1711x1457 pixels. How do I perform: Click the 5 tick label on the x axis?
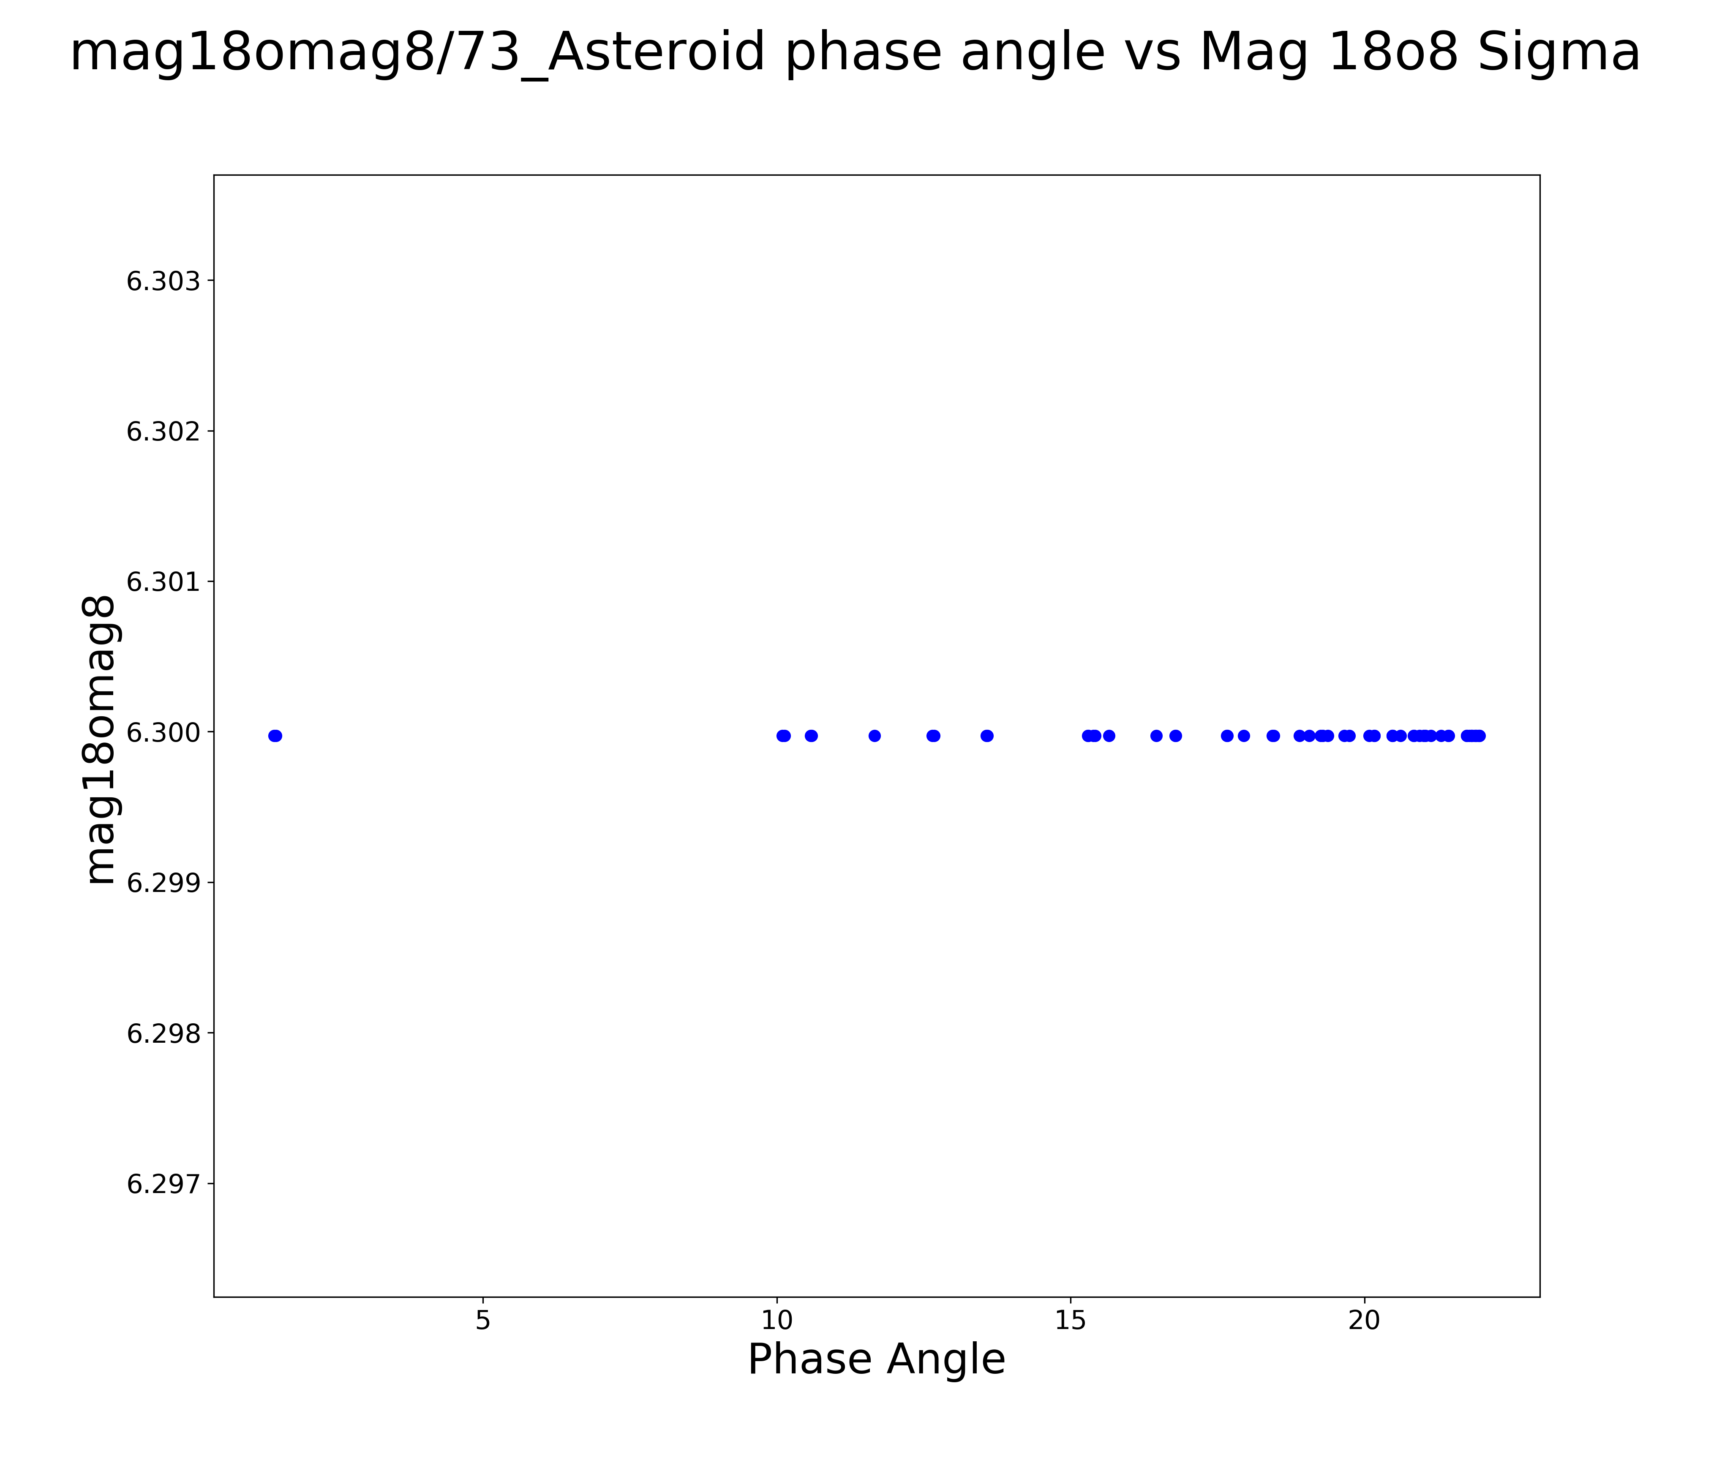click(483, 1321)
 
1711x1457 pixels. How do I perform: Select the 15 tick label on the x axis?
click(1071, 1321)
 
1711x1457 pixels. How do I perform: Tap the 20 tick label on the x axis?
click(1365, 1321)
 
